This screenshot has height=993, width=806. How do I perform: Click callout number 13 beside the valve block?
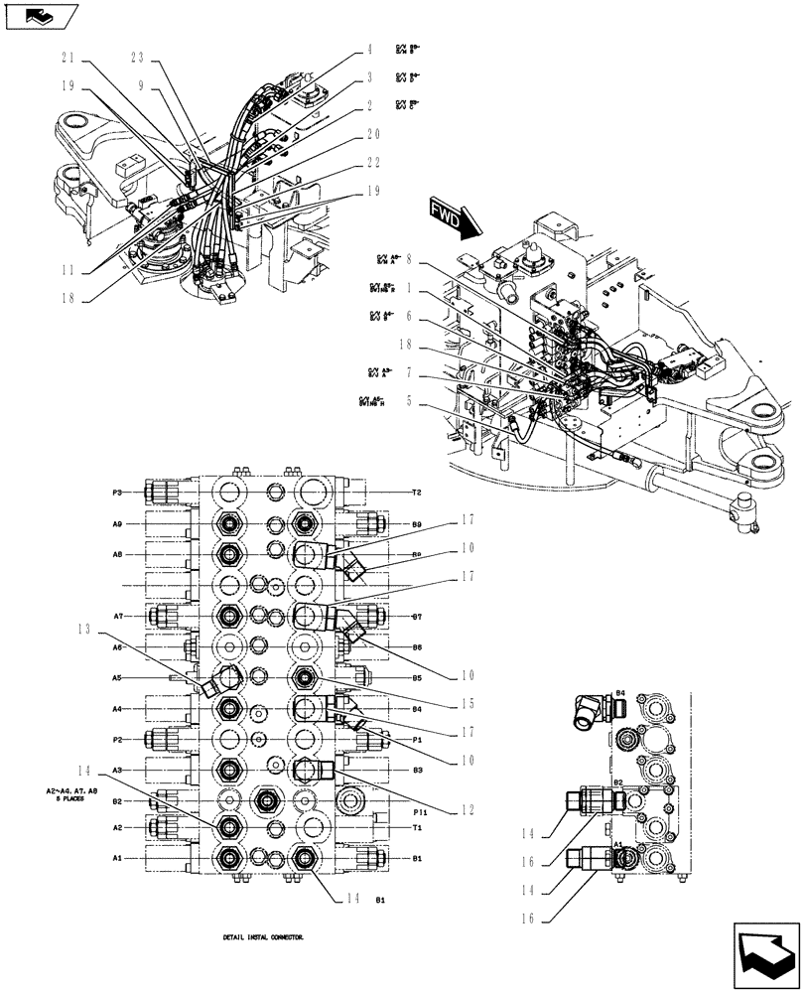click(85, 629)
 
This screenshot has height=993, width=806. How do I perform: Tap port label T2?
click(418, 493)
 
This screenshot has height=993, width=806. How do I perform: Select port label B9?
click(418, 523)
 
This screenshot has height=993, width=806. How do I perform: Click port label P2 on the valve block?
click(117, 740)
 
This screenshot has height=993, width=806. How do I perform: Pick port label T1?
click(418, 827)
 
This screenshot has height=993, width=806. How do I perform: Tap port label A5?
click(117, 678)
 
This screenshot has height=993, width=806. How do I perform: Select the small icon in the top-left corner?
click(40, 16)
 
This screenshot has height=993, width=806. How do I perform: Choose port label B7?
click(418, 617)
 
